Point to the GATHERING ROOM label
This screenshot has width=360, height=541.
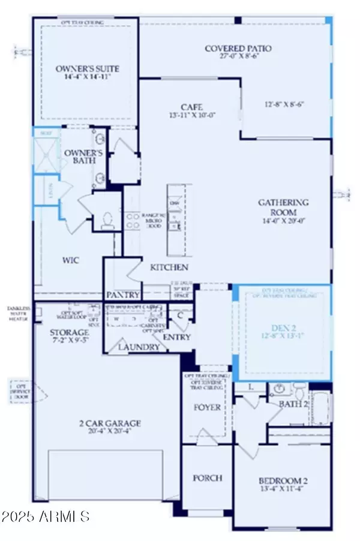284,203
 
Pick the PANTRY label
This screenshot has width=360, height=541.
124,294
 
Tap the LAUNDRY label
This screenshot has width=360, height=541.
139,347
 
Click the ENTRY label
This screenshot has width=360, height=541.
176,337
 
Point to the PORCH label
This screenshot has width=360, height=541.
207,478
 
